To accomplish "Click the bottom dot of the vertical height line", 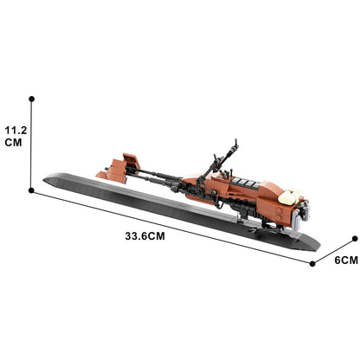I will point(32,189).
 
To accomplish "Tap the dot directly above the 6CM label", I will point(353,235).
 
